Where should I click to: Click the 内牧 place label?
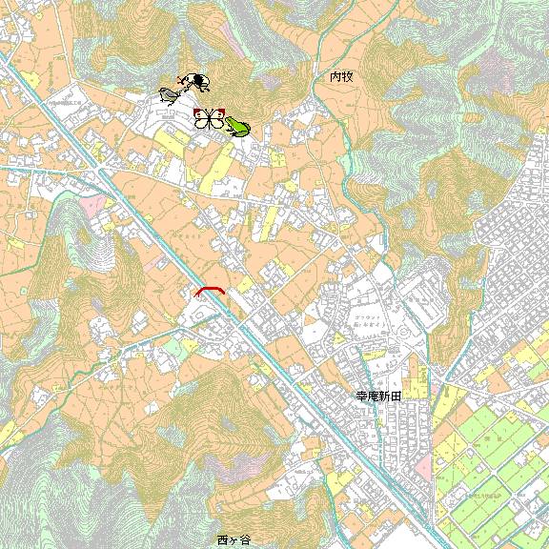(341, 75)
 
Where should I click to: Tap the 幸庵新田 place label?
(381, 395)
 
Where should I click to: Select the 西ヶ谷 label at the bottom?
(234, 539)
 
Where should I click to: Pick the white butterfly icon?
(209, 119)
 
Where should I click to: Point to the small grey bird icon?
(170, 94)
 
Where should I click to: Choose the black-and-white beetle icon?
(197, 83)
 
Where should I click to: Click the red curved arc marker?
(211, 290)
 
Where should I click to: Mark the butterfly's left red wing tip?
(195, 112)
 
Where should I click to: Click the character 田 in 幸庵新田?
(399, 395)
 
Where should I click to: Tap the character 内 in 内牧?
(335, 75)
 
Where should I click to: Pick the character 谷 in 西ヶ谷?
(246, 539)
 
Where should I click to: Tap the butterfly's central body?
(210, 119)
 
